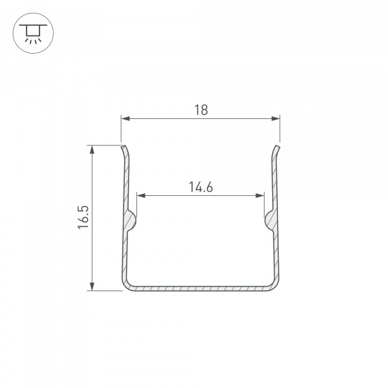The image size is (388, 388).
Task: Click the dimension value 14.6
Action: pos(201,188)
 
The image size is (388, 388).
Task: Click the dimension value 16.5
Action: pos(82,217)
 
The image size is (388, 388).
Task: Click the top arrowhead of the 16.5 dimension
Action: pos(93,149)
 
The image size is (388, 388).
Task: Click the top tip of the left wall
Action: pos(122,147)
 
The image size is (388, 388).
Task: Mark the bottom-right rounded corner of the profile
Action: pos(276,284)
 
